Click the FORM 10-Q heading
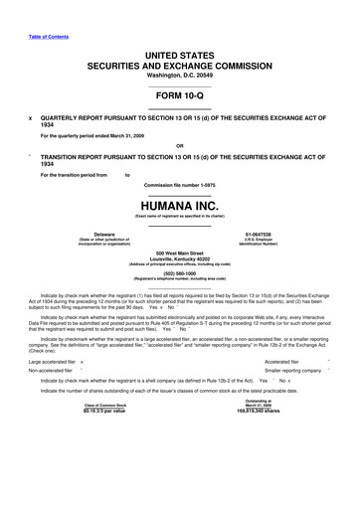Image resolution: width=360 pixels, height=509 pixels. click(180, 95)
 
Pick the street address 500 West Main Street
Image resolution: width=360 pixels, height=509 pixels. click(180, 253)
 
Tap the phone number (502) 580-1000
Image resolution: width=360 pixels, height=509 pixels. click(180, 274)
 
